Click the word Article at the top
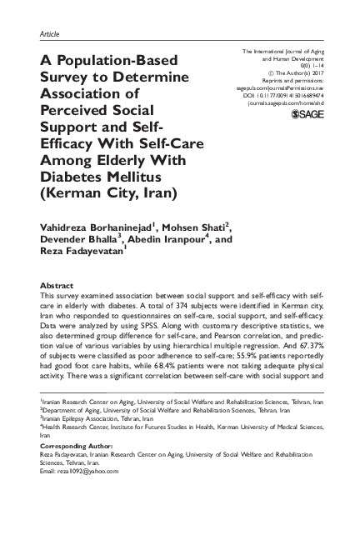point(51,33)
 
